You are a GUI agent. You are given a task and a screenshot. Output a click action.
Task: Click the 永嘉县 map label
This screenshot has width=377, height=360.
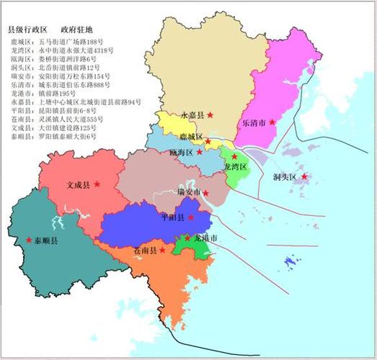[192, 114]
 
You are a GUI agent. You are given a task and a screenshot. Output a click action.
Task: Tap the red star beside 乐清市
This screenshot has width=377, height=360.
[272, 122]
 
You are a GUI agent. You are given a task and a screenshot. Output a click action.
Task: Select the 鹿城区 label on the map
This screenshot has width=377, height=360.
[191, 135]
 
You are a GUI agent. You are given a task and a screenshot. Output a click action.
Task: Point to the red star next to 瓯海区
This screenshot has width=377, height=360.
[200, 153]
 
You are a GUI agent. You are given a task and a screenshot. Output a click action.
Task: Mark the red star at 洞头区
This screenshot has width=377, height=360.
[304, 176]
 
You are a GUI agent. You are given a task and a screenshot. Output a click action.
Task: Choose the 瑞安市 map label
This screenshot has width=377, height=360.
[189, 193]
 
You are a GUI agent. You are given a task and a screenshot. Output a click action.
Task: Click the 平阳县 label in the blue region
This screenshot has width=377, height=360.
[172, 217]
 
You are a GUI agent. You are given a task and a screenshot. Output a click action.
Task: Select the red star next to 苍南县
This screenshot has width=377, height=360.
[162, 251]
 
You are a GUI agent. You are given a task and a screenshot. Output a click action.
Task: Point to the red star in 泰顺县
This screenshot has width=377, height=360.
[29, 240]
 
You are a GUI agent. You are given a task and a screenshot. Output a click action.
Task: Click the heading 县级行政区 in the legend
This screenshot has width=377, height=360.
[27, 30]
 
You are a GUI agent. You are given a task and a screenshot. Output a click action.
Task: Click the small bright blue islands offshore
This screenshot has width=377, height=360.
[290, 261]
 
